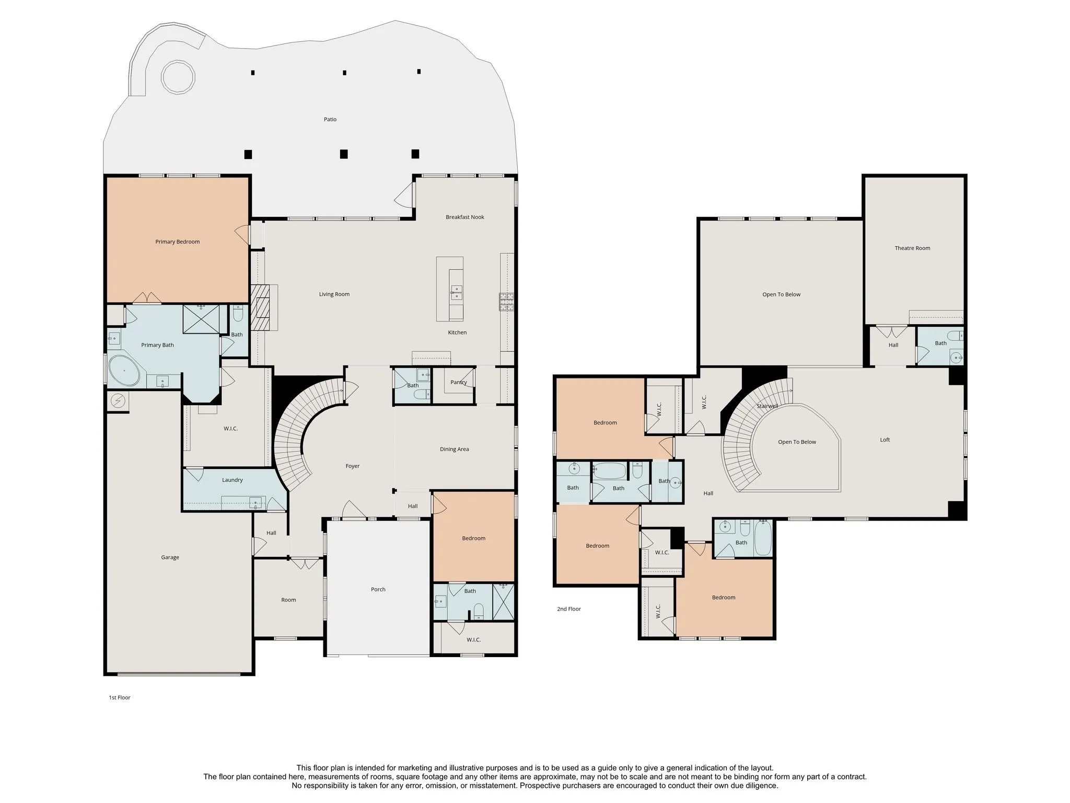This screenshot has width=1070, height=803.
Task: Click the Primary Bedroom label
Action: [x=177, y=242]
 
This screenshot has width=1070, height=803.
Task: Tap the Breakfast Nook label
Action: [x=465, y=217]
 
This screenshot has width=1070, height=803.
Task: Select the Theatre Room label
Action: [x=912, y=248]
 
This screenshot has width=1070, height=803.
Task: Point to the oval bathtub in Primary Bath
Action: [x=124, y=371]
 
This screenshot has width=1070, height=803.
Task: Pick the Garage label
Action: [x=170, y=557]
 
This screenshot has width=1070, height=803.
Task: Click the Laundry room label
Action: [x=232, y=480]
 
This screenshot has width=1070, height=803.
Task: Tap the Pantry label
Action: [x=459, y=382]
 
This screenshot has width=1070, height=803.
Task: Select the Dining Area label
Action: [x=454, y=449]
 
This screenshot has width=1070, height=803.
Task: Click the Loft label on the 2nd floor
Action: [x=885, y=440]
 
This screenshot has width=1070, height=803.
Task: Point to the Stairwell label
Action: [x=767, y=406]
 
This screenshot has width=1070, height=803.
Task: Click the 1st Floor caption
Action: [x=120, y=697]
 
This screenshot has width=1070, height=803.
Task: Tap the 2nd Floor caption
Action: [x=569, y=609]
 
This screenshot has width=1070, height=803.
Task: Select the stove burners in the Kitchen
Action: [x=507, y=302]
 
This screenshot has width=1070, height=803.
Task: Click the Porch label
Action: [x=378, y=589]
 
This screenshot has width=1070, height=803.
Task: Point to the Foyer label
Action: [x=353, y=466]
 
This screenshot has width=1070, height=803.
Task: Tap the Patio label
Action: [x=330, y=119]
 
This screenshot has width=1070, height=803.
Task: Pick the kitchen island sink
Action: [x=457, y=292]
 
